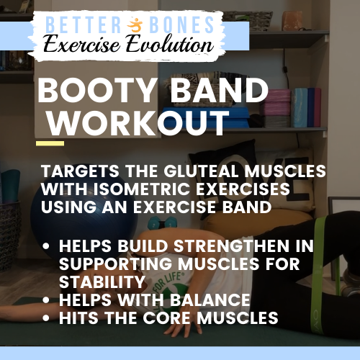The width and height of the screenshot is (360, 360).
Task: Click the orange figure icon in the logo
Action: (x=135, y=25)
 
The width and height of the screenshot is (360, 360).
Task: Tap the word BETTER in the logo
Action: (x=84, y=24)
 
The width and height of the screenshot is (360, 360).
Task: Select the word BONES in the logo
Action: (x=181, y=24)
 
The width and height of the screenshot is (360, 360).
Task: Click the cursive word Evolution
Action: (x=170, y=44)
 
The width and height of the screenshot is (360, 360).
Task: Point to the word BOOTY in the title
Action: (x=96, y=91)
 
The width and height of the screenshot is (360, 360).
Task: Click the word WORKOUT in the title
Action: (x=138, y=122)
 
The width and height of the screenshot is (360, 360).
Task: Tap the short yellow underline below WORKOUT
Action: (x=50, y=143)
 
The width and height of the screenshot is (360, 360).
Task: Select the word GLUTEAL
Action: (x=202, y=171)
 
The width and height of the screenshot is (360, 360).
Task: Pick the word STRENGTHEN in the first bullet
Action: (x=232, y=246)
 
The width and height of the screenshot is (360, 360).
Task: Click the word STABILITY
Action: (x=102, y=282)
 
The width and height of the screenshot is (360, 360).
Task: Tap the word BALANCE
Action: (x=210, y=300)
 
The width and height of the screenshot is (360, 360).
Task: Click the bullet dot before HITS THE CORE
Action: (x=45, y=318)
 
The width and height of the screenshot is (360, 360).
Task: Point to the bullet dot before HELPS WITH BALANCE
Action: (x=45, y=300)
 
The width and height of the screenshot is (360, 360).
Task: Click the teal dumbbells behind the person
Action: (x=163, y=223)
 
